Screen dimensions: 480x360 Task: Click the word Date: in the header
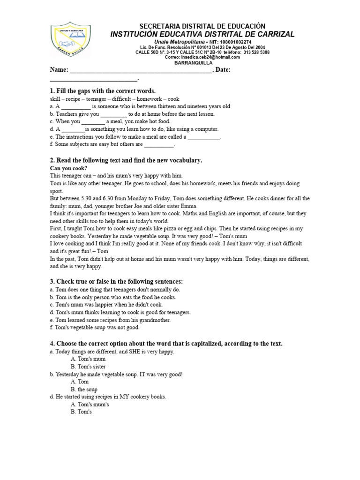[223, 70]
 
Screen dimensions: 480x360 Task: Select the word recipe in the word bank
[70, 99]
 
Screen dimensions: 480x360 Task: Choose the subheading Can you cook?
[68, 168]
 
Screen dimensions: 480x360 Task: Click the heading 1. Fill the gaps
[102, 90]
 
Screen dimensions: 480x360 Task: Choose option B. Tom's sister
[88, 367]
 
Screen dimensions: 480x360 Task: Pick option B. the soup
[84, 389]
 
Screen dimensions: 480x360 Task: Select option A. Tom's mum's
[90, 404]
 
